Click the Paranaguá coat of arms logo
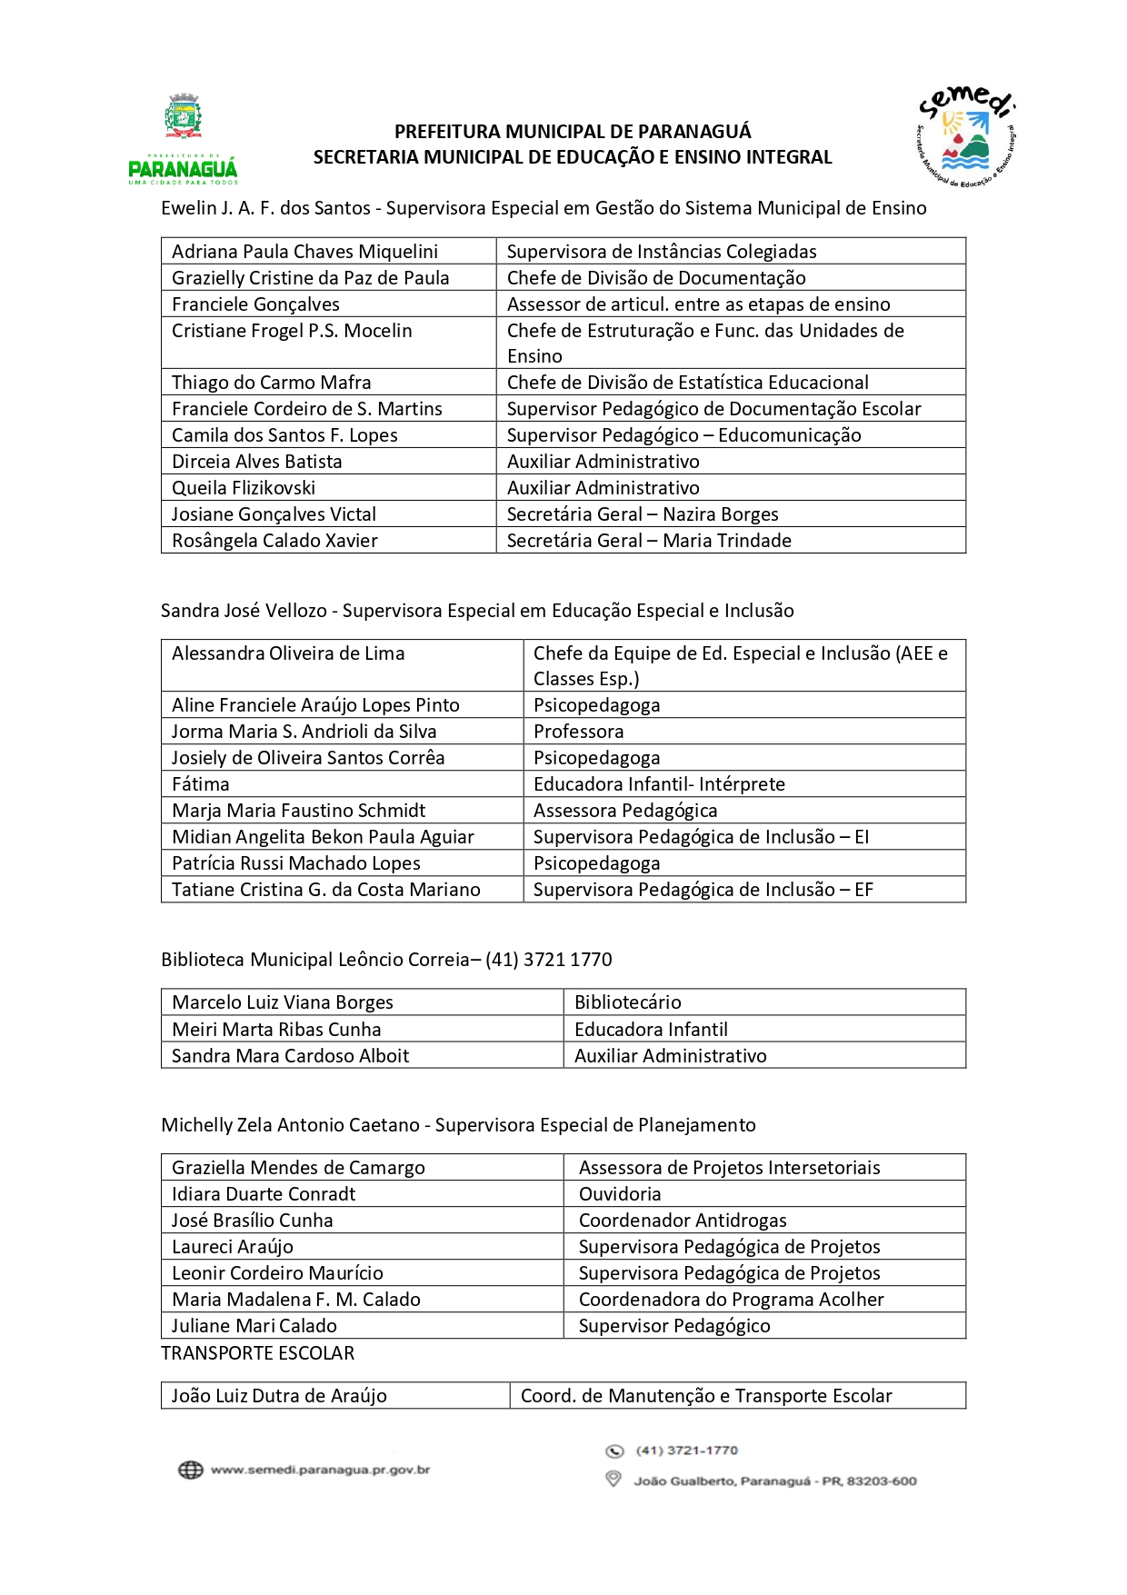coord(184,117)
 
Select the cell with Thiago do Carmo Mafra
coord(272,383)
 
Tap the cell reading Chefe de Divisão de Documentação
coord(656,278)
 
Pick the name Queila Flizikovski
coord(244,488)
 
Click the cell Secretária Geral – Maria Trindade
coord(649,541)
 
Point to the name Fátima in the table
coord(201,784)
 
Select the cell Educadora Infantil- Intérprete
coord(659,784)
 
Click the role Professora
coord(578,732)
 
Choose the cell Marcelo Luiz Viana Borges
coord(283,1002)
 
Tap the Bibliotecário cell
coord(627,1002)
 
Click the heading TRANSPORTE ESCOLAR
coord(258,1353)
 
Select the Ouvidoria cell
coord(620,1194)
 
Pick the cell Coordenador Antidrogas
coord(683,1221)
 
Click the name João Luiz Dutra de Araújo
coord(279,1396)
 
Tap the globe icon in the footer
coord(190,1470)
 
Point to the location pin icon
coord(613,1480)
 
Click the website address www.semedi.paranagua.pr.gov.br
coord(320,1470)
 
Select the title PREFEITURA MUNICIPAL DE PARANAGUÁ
coord(573,132)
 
